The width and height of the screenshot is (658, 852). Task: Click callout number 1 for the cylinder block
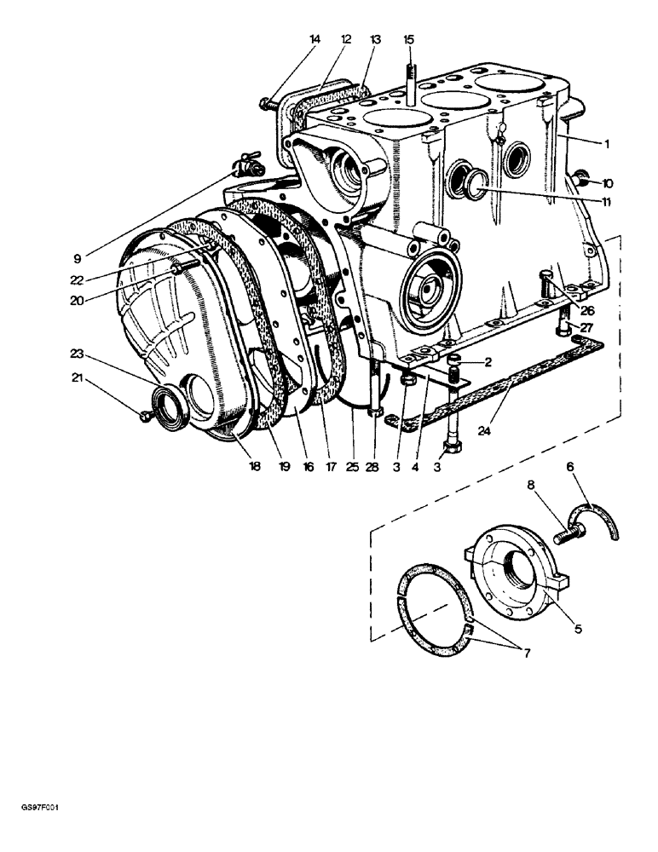pyautogui.click(x=606, y=144)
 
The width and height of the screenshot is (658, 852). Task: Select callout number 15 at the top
pyautogui.click(x=408, y=39)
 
